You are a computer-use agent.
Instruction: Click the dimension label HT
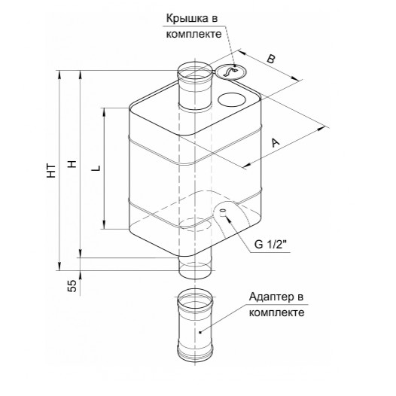pos(51,171)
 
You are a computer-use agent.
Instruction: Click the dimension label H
pos(72,164)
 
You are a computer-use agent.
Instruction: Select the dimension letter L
pos(96,168)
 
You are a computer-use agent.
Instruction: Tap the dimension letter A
pos(276,142)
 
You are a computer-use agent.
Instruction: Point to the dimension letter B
pos(271,59)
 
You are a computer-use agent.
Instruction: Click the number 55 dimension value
pos(72,285)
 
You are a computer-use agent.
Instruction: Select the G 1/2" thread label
pos(271,244)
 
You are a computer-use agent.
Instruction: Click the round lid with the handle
pos(231,72)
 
